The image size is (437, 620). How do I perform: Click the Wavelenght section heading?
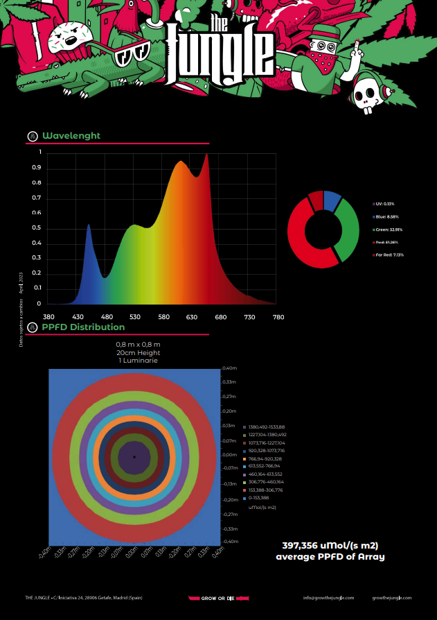[71, 135]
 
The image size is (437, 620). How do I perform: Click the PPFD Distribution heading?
[83, 327]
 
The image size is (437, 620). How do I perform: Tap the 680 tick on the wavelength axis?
[221, 316]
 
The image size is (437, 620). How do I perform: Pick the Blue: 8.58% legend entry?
[384, 217]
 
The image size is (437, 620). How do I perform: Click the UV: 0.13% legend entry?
[384, 204]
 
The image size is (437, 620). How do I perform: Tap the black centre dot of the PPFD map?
[134, 457]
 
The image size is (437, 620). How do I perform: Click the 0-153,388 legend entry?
[259, 497]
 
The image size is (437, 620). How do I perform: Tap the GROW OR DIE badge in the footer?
[218, 598]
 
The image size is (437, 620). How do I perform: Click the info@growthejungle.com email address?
[328, 598]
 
